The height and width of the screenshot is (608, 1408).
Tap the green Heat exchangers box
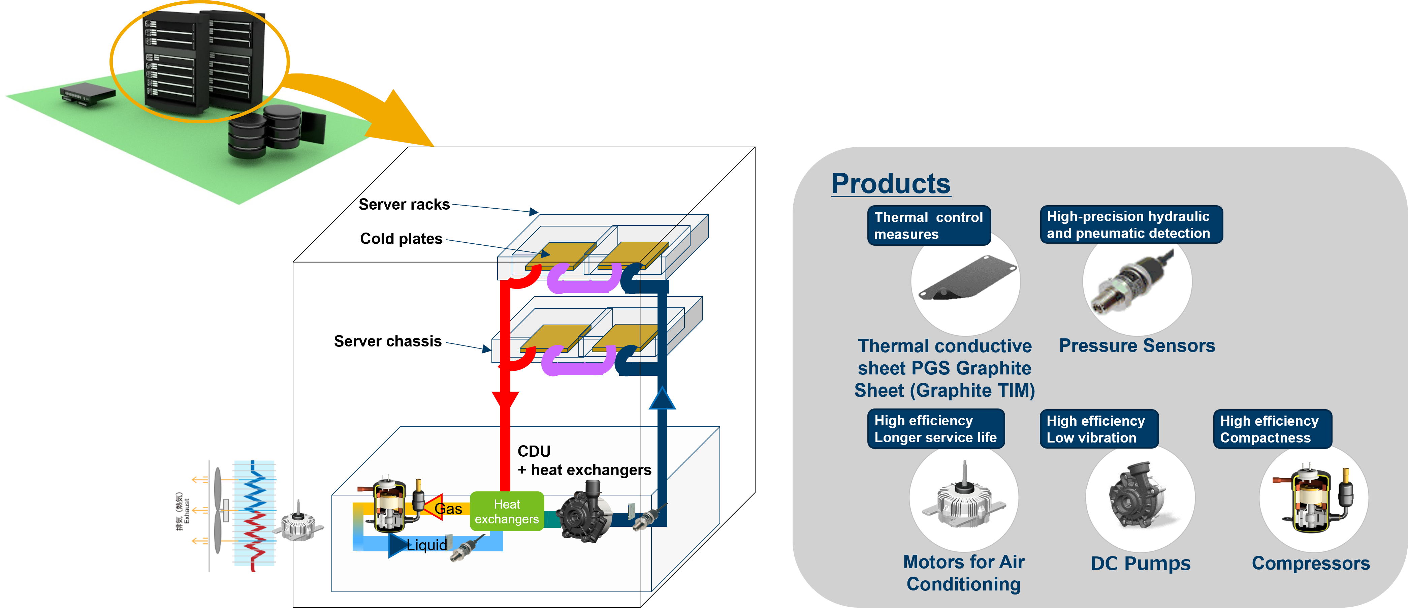[x=507, y=511]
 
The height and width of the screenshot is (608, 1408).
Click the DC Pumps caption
[x=1140, y=563]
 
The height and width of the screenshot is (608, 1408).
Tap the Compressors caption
[x=1310, y=563]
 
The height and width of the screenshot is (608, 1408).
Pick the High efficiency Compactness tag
[x=1272, y=429]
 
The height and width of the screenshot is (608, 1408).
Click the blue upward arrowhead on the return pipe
[x=662, y=399]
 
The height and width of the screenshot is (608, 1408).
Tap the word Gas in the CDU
[x=448, y=509]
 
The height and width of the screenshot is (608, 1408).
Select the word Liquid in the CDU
[x=426, y=545]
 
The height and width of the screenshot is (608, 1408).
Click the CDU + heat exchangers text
[x=584, y=460]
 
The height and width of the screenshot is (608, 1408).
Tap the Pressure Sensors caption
[x=1137, y=345]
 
